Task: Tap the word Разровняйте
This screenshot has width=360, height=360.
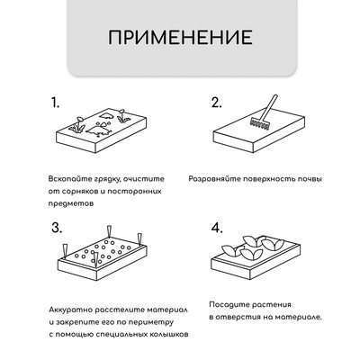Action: [x=216, y=179]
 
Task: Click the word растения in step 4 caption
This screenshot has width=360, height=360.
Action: [x=270, y=303]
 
